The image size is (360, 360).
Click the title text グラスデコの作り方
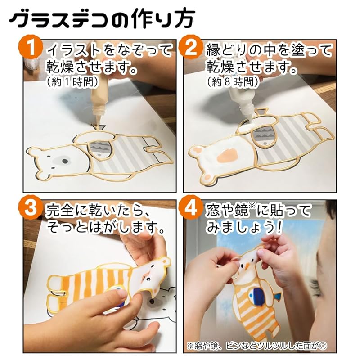click(x=101, y=19)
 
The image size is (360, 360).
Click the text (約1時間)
click(x=67, y=82)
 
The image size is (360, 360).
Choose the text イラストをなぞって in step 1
click(x=108, y=50)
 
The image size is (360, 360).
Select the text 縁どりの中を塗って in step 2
click(x=270, y=50)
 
